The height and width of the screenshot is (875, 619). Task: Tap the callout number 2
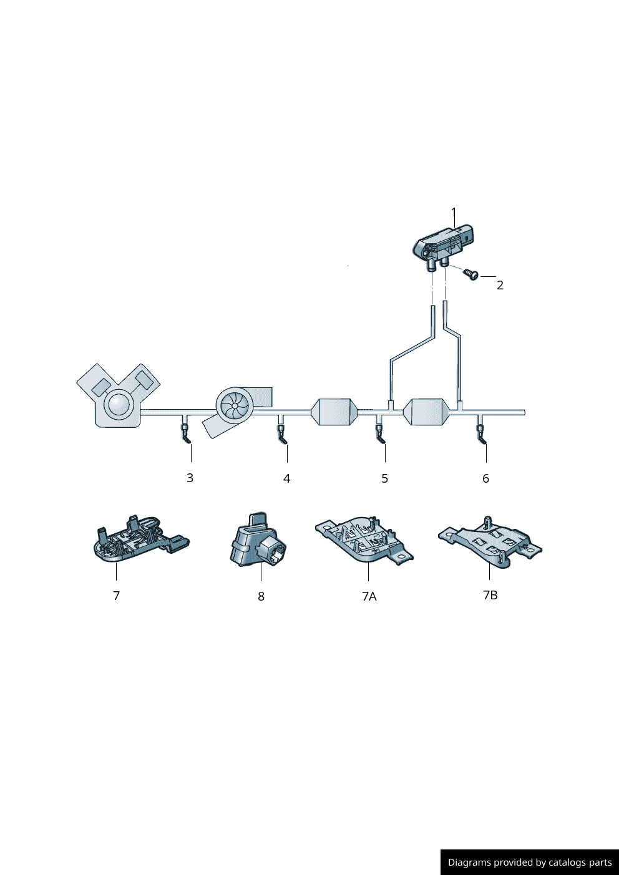click(x=500, y=285)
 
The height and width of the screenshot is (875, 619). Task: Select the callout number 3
click(x=190, y=478)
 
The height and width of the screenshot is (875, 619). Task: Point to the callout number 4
click(x=287, y=478)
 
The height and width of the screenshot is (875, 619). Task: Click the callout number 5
click(x=385, y=478)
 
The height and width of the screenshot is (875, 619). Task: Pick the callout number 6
click(x=485, y=478)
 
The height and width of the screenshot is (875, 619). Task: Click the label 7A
click(x=369, y=596)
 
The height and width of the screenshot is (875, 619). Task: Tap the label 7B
click(x=490, y=595)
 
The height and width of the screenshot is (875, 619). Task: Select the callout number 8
click(x=261, y=596)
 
